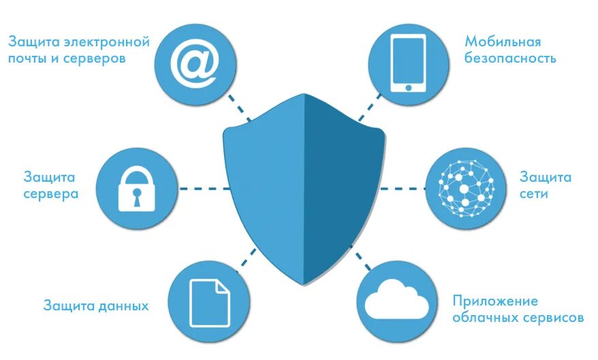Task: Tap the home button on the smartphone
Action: [408, 86]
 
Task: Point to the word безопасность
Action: [510, 59]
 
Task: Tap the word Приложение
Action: [495, 301]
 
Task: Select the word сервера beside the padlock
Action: [51, 194]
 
